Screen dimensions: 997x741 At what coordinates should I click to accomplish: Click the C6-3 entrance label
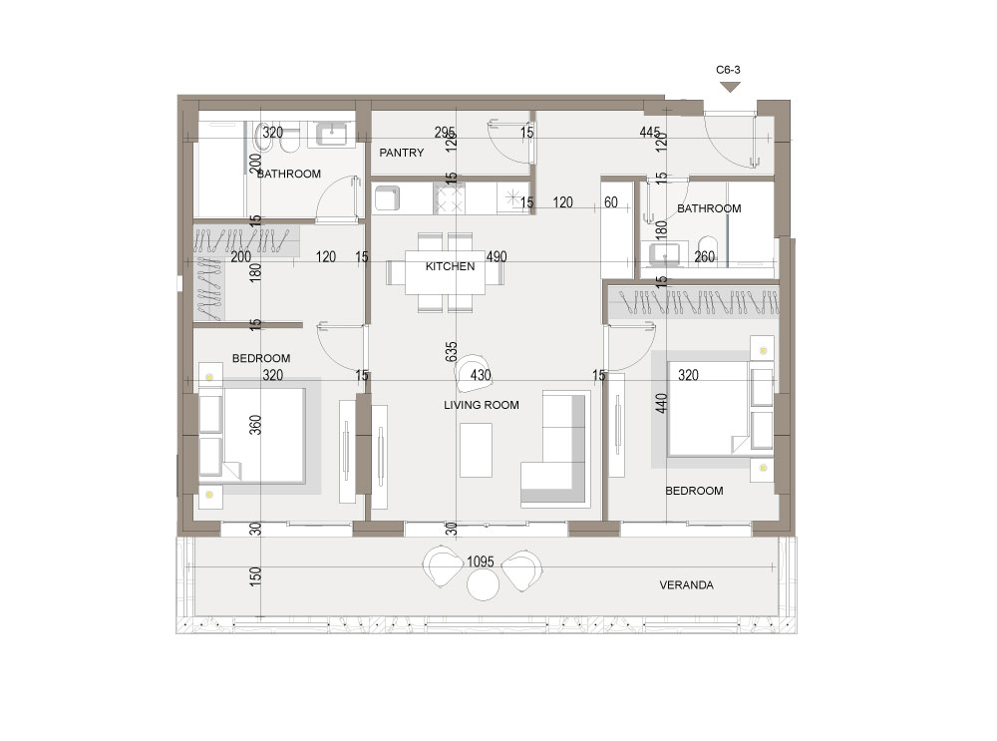click(728, 70)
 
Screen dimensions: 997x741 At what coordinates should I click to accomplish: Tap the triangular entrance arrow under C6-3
click(730, 87)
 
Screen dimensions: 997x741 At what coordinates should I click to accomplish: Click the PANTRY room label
click(401, 153)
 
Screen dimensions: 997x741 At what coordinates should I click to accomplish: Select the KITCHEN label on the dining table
click(451, 266)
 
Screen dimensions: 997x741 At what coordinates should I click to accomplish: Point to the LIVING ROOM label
click(482, 405)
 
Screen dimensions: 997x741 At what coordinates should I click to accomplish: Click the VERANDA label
click(686, 585)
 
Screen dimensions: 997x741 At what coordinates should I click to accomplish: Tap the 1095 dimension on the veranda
click(481, 561)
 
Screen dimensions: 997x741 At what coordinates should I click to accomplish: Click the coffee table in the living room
click(476, 451)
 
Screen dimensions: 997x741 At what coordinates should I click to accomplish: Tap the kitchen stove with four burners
click(449, 198)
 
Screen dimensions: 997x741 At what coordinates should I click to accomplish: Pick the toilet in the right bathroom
click(707, 250)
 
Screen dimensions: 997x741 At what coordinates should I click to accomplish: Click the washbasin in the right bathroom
click(665, 255)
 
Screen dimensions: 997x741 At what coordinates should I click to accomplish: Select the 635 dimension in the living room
click(451, 352)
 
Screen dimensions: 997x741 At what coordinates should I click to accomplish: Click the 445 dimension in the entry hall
click(650, 133)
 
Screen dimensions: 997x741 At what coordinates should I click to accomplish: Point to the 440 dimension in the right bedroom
click(661, 403)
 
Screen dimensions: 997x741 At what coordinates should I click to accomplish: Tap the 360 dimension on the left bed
click(255, 425)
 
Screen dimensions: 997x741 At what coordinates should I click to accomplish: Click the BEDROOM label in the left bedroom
click(260, 359)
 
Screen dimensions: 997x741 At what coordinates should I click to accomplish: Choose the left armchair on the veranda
click(444, 564)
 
